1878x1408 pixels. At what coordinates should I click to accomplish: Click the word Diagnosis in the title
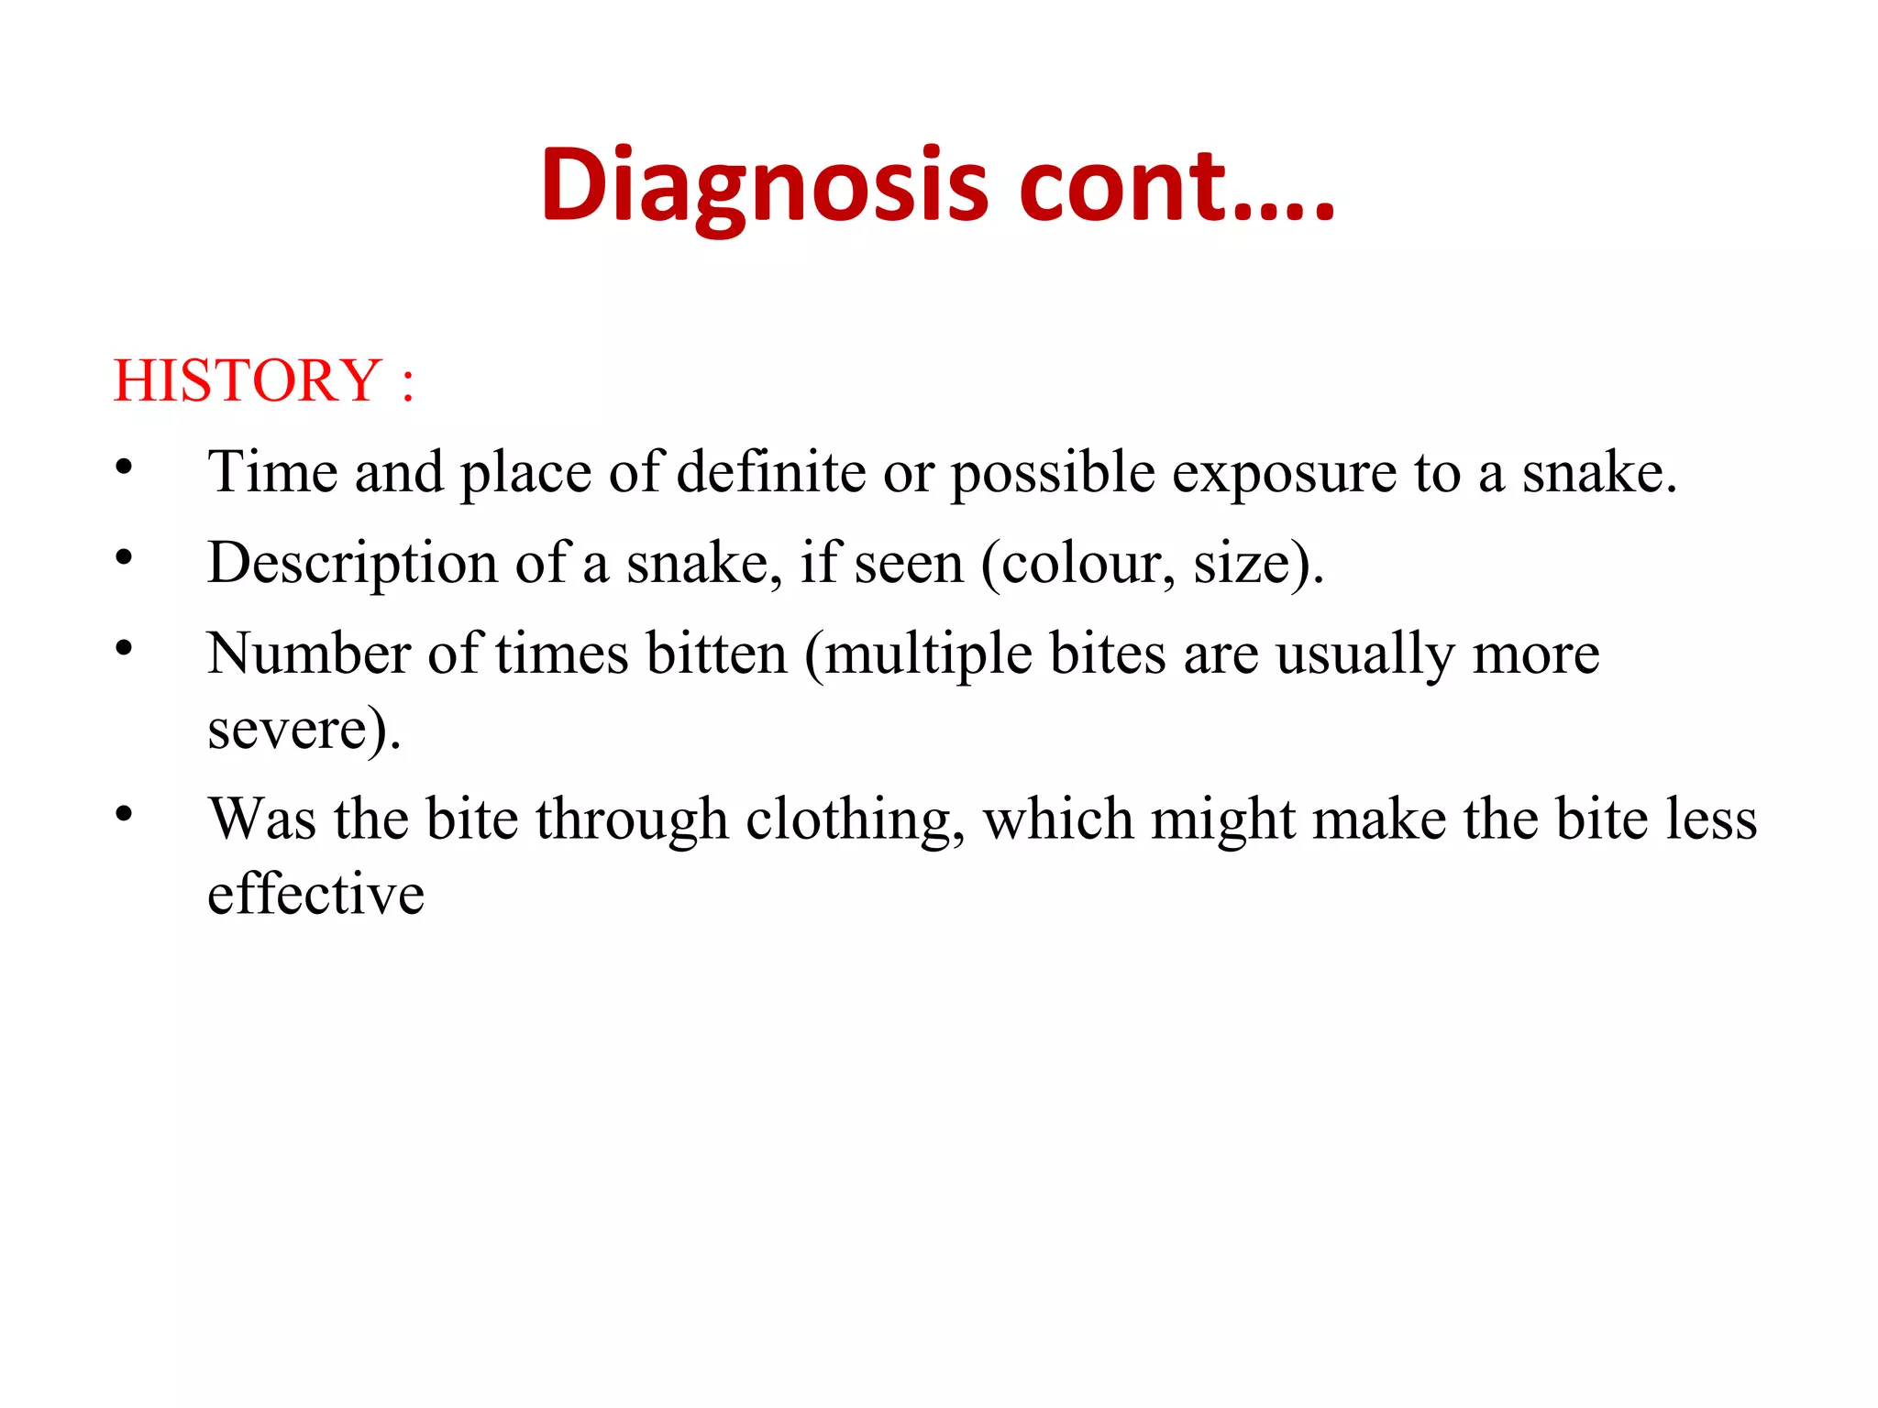pos(765,186)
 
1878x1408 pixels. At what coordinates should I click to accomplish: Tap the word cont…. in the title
pos(1176,186)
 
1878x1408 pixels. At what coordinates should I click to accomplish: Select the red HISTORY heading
pos(247,380)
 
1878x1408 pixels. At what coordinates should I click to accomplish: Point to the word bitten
pos(716,654)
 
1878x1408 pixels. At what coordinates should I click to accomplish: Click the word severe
pos(288,731)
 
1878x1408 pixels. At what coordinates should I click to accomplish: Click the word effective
pos(315,894)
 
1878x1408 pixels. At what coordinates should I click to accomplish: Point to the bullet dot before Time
pos(125,467)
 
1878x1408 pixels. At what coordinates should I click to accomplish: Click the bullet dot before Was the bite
pos(125,814)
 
